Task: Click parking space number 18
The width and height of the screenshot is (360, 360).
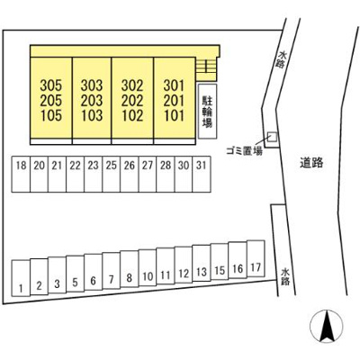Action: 21,174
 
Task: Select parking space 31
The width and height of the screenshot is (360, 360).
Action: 202,174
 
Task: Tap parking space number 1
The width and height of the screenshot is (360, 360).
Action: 21,278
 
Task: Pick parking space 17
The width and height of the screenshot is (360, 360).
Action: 256,258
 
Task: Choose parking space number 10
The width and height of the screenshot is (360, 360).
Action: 148,267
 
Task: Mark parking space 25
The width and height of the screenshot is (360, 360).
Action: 112,174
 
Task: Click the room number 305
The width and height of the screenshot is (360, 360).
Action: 51,85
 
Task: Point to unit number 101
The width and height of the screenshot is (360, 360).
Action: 174,115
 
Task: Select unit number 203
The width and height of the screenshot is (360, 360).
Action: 92,101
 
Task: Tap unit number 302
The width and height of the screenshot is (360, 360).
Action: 132,85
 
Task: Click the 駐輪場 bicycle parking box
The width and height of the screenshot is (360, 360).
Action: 207,111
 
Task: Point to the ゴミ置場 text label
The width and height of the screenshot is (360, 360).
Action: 244,151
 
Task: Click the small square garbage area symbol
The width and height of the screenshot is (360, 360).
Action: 273,137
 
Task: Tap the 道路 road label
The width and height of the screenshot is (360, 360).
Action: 311,163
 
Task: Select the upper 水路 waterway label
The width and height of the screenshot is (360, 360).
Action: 281,59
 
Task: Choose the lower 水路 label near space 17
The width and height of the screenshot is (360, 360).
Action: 285,277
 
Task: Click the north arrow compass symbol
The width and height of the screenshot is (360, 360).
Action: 326,327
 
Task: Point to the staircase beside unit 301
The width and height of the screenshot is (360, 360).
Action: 206,66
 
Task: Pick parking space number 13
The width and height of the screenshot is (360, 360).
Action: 202,263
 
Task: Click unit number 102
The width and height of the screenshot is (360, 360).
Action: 132,115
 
